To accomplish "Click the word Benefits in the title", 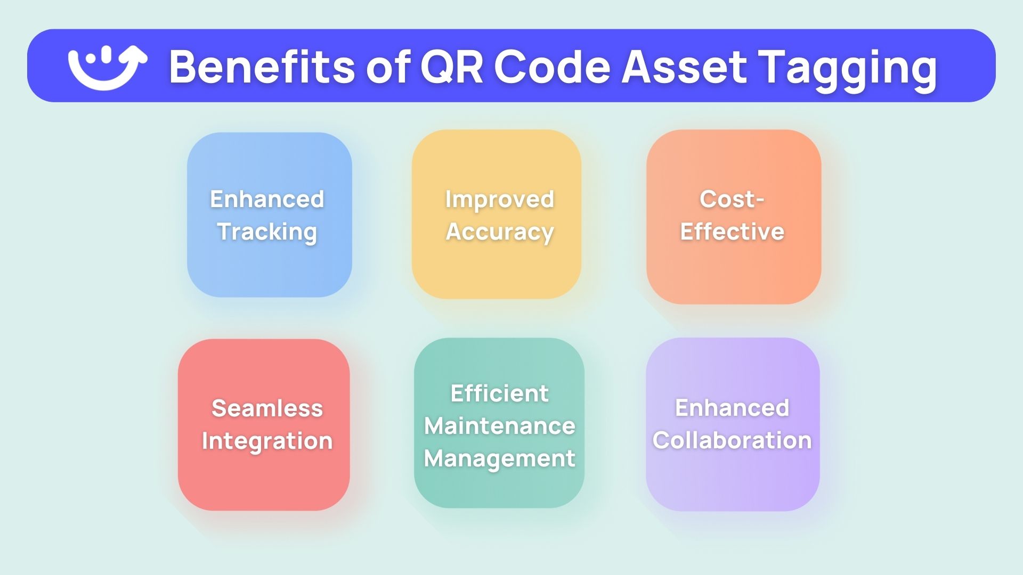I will click(262, 67).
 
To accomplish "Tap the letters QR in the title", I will click(451, 68).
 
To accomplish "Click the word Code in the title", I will click(552, 67).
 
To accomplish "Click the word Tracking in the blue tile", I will click(267, 232).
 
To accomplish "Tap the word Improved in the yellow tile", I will click(500, 200).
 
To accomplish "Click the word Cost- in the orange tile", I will click(732, 199).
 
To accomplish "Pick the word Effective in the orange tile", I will click(732, 232).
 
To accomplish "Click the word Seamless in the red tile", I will click(267, 408).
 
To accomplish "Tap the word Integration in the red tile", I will click(267, 441).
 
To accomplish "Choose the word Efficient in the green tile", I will click(499, 393).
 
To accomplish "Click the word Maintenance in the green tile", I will click(499, 426).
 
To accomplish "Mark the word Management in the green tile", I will click(499, 459).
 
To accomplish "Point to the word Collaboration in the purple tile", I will click(732, 440).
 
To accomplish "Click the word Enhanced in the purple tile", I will click(732, 408).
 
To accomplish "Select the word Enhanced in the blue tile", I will click(267, 199).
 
